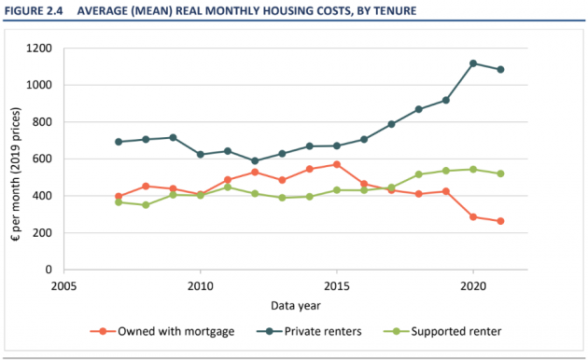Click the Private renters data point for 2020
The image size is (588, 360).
pyautogui.click(x=473, y=63)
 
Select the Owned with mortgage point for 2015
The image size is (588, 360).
pyautogui.click(x=337, y=164)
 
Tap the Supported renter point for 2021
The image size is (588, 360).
pyautogui.click(x=500, y=173)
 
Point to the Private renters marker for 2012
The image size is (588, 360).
pyautogui.click(x=255, y=160)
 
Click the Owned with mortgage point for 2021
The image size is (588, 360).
pyautogui.click(x=500, y=221)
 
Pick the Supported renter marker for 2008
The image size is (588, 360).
pyautogui.click(x=146, y=205)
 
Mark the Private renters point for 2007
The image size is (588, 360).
pyautogui.click(x=119, y=142)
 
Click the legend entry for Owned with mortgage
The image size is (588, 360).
pyautogui.click(x=162, y=331)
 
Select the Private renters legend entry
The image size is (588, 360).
pyautogui.click(x=309, y=331)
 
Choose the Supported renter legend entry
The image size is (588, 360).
pyautogui.click(x=442, y=331)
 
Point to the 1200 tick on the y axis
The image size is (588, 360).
pyautogui.click(x=39, y=48)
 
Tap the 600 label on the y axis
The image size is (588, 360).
pyautogui.click(x=42, y=159)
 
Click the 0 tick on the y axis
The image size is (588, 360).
pyautogui.click(x=49, y=270)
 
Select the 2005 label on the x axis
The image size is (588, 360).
pyautogui.click(x=63, y=286)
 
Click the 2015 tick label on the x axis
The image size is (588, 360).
pyautogui.click(x=337, y=286)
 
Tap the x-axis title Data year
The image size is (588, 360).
pyautogui.click(x=296, y=306)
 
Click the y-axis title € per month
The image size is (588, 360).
pyautogui.click(x=15, y=174)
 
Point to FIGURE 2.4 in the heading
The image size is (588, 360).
pyautogui.click(x=34, y=11)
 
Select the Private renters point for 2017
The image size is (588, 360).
pyautogui.click(x=391, y=124)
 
